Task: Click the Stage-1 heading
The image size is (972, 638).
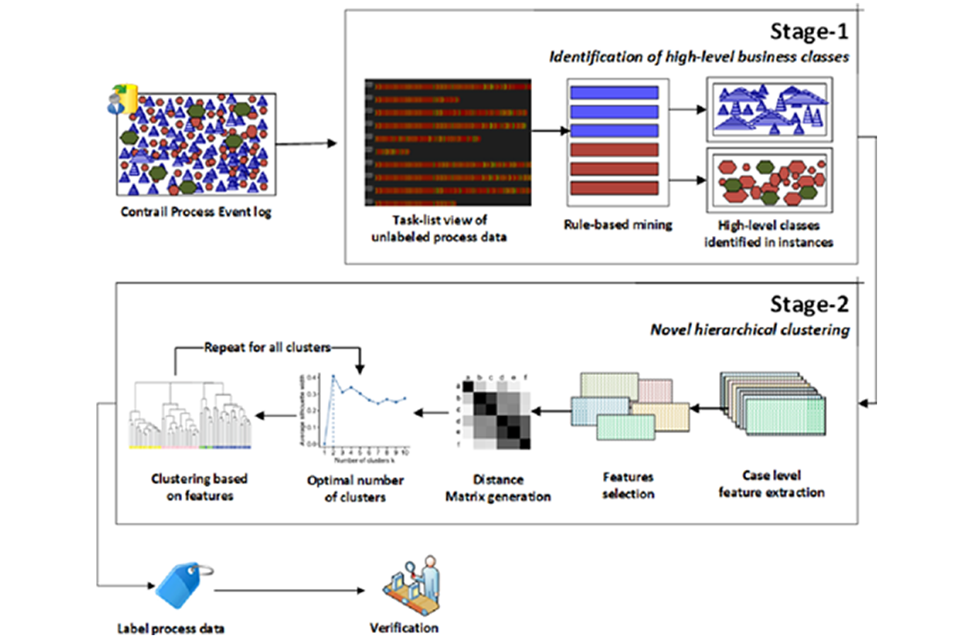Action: [808, 32]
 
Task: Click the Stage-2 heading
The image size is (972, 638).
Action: [808, 305]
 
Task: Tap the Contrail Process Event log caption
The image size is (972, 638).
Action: [196, 212]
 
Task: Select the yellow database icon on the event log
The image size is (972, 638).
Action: [126, 98]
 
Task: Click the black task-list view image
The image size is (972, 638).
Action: [448, 142]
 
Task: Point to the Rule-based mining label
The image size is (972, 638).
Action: [618, 225]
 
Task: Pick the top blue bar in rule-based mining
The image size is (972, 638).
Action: [614, 93]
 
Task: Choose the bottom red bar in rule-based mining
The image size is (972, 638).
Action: [614, 188]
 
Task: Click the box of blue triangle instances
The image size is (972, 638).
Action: [769, 110]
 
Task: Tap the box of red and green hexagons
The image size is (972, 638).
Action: [769, 180]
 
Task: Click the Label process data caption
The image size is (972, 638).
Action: [171, 629]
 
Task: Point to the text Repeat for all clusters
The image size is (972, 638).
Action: [267, 347]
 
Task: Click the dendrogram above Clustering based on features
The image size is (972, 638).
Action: [191, 414]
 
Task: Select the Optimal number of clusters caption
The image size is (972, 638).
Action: [355, 488]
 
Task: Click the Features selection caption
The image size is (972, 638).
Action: [628, 486]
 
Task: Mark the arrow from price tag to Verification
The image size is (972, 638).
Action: [290, 590]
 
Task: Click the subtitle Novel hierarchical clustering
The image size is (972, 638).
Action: [750, 330]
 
